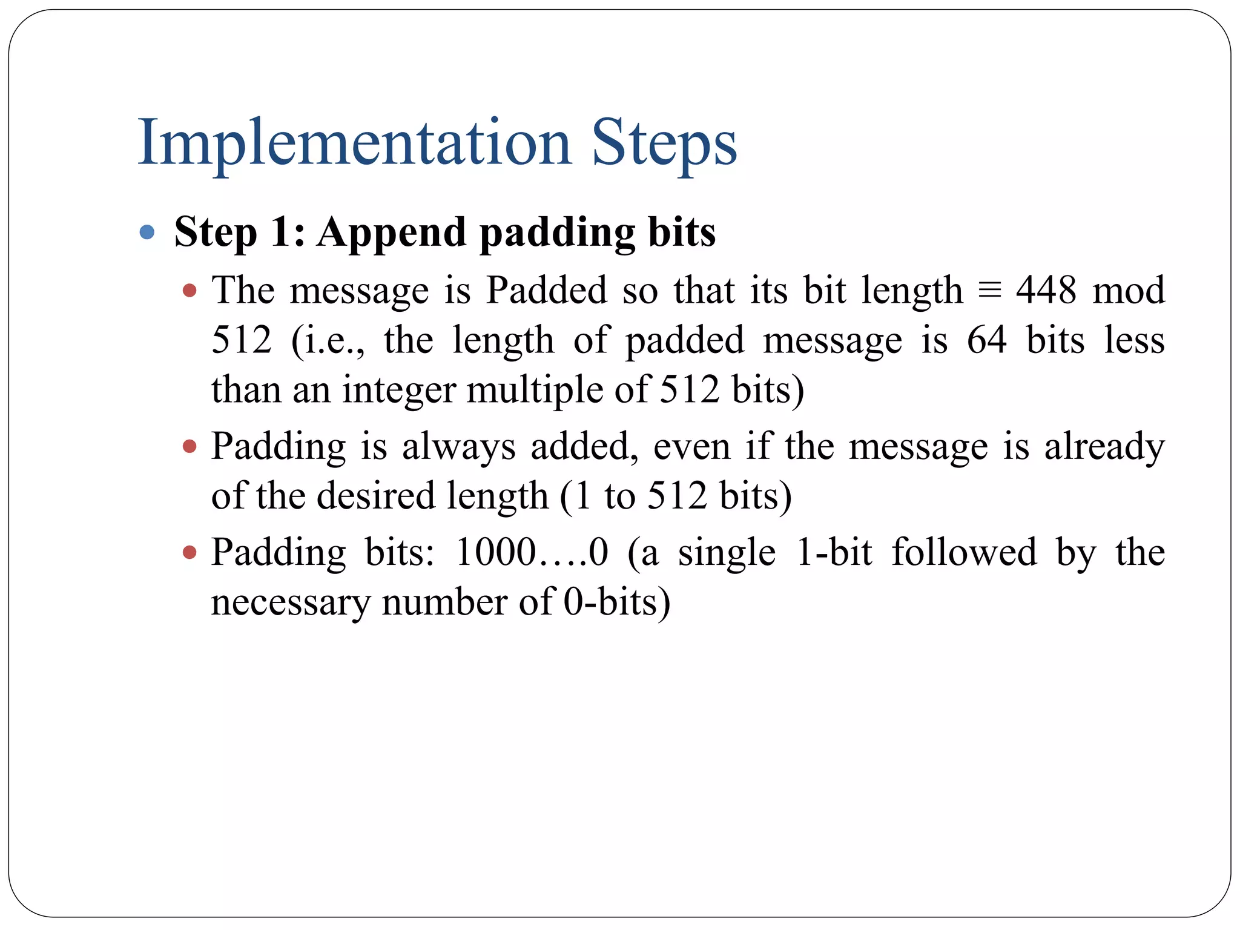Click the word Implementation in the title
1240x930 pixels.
(x=355, y=143)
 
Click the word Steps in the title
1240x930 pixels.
(x=664, y=143)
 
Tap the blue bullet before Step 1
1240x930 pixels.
(x=147, y=232)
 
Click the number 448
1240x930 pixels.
(x=1046, y=290)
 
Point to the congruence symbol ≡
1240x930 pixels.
(x=989, y=290)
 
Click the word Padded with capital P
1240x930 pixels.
(x=547, y=290)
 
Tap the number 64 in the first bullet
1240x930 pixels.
(x=987, y=340)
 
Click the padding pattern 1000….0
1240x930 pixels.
(x=532, y=553)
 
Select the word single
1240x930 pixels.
(x=727, y=553)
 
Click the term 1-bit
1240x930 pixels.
(x=834, y=553)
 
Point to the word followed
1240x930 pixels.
(x=964, y=553)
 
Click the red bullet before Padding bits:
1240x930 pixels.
(x=190, y=553)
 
